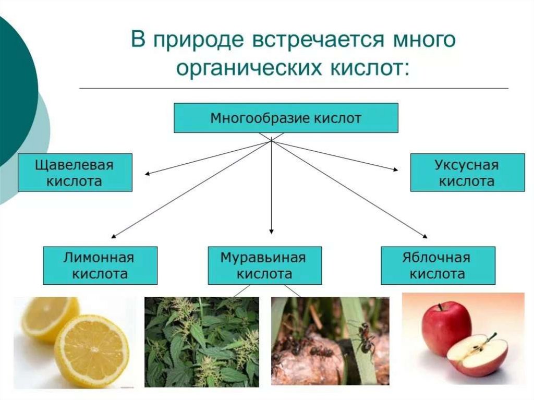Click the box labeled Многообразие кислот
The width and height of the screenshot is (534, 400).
(x=286, y=118)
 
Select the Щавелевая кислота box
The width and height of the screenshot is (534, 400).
(x=75, y=173)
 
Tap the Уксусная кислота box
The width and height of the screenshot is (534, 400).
(x=467, y=173)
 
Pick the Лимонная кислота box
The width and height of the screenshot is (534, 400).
(x=99, y=265)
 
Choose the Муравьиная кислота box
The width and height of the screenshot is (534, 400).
(x=264, y=265)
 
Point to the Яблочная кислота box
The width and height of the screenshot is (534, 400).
(x=436, y=265)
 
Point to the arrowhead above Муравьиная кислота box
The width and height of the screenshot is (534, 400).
(x=271, y=231)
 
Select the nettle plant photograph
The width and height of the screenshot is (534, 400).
(x=201, y=342)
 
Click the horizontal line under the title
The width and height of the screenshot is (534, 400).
(x=294, y=89)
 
